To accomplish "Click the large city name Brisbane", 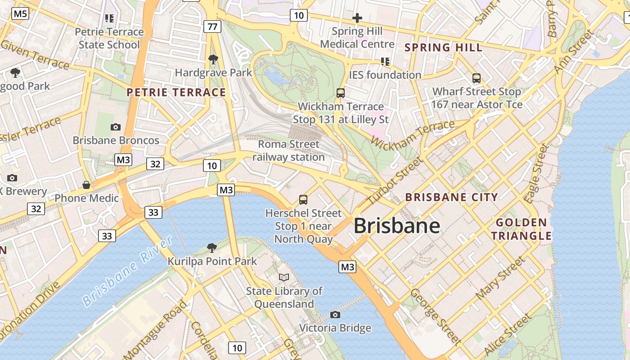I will coord(396,226).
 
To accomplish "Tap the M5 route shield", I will coord(20,14).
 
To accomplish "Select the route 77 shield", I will coord(212,27).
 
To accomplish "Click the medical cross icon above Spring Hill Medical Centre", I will coord(357,18).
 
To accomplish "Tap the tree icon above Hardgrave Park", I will coord(213,59).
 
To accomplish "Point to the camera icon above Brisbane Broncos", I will coord(116,127).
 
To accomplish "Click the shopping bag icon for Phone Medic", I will coord(86,185).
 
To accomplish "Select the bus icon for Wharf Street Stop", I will coord(477,78).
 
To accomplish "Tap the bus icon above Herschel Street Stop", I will coord(303,200).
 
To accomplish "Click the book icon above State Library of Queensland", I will coord(284,277).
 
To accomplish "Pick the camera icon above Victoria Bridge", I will coord(335,315).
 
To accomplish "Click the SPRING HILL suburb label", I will coord(443,47).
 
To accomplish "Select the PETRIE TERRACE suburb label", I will coord(176,93).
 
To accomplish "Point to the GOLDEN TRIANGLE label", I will coord(521,229).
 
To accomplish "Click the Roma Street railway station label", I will coord(288,151).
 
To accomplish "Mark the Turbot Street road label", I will coord(395,180).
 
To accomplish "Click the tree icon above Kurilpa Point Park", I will coord(211,247).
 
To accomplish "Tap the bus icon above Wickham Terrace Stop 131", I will coord(341,93).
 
